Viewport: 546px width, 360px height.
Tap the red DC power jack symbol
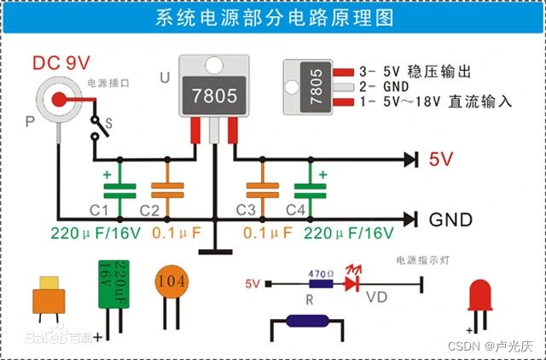(x=57, y=99)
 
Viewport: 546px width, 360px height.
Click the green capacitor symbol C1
(x=119, y=190)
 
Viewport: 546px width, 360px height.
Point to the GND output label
(x=450, y=219)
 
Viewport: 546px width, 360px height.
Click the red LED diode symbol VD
(x=351, y=284)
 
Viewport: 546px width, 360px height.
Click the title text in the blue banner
(x=272, y=19)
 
